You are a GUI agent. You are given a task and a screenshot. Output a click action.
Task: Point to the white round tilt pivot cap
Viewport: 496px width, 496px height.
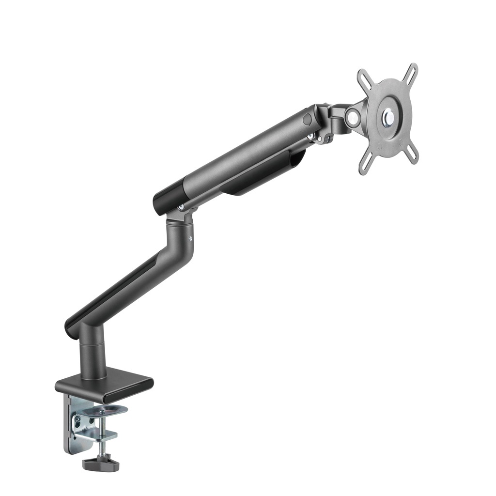coord(354,117)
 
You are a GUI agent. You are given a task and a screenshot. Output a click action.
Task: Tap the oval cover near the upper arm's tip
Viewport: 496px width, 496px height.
coord(307,119)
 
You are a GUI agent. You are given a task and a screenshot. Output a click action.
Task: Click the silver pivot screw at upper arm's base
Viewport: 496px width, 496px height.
coord(181,207)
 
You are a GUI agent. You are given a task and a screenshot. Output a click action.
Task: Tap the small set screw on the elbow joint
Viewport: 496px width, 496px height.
coord(190,238)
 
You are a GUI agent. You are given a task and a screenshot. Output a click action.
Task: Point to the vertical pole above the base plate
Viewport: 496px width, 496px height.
coord(92,354)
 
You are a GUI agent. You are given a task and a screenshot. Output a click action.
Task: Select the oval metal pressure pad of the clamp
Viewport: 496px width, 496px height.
coord(102,411)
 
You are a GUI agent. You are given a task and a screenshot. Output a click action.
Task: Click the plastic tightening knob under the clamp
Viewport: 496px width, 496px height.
coord(101,464)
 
